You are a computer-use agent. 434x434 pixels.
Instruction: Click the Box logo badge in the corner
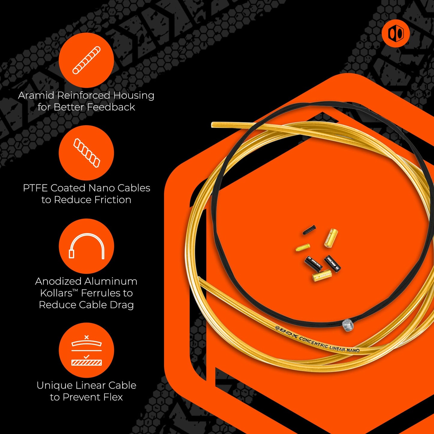(396, 33)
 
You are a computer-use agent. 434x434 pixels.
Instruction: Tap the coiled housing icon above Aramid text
(86, 60)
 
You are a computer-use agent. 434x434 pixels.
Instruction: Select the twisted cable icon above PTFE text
(86, 153)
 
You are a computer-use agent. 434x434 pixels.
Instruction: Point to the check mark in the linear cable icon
(86, 357)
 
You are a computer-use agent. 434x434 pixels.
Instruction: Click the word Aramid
(37, 96)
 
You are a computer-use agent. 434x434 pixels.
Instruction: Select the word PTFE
(35, 188)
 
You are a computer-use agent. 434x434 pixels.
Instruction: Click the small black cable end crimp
(309, 230)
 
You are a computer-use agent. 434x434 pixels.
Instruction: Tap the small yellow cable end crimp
(303, 247)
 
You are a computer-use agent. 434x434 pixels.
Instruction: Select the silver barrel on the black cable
(348, 325)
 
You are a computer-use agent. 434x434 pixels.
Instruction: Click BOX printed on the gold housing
(288, 333)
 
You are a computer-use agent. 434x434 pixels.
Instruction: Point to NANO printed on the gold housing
(353, 350)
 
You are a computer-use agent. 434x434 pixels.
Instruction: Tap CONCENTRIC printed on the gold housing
(314, 342)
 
